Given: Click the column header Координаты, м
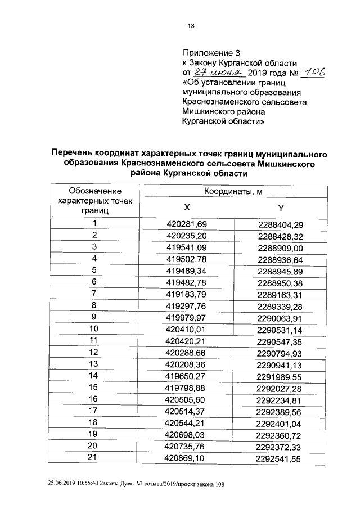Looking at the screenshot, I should [233, 191].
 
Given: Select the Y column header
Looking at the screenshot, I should [280, 208].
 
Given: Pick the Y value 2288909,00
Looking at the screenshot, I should [280, 247].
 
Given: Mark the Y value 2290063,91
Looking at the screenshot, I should [280, 317].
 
